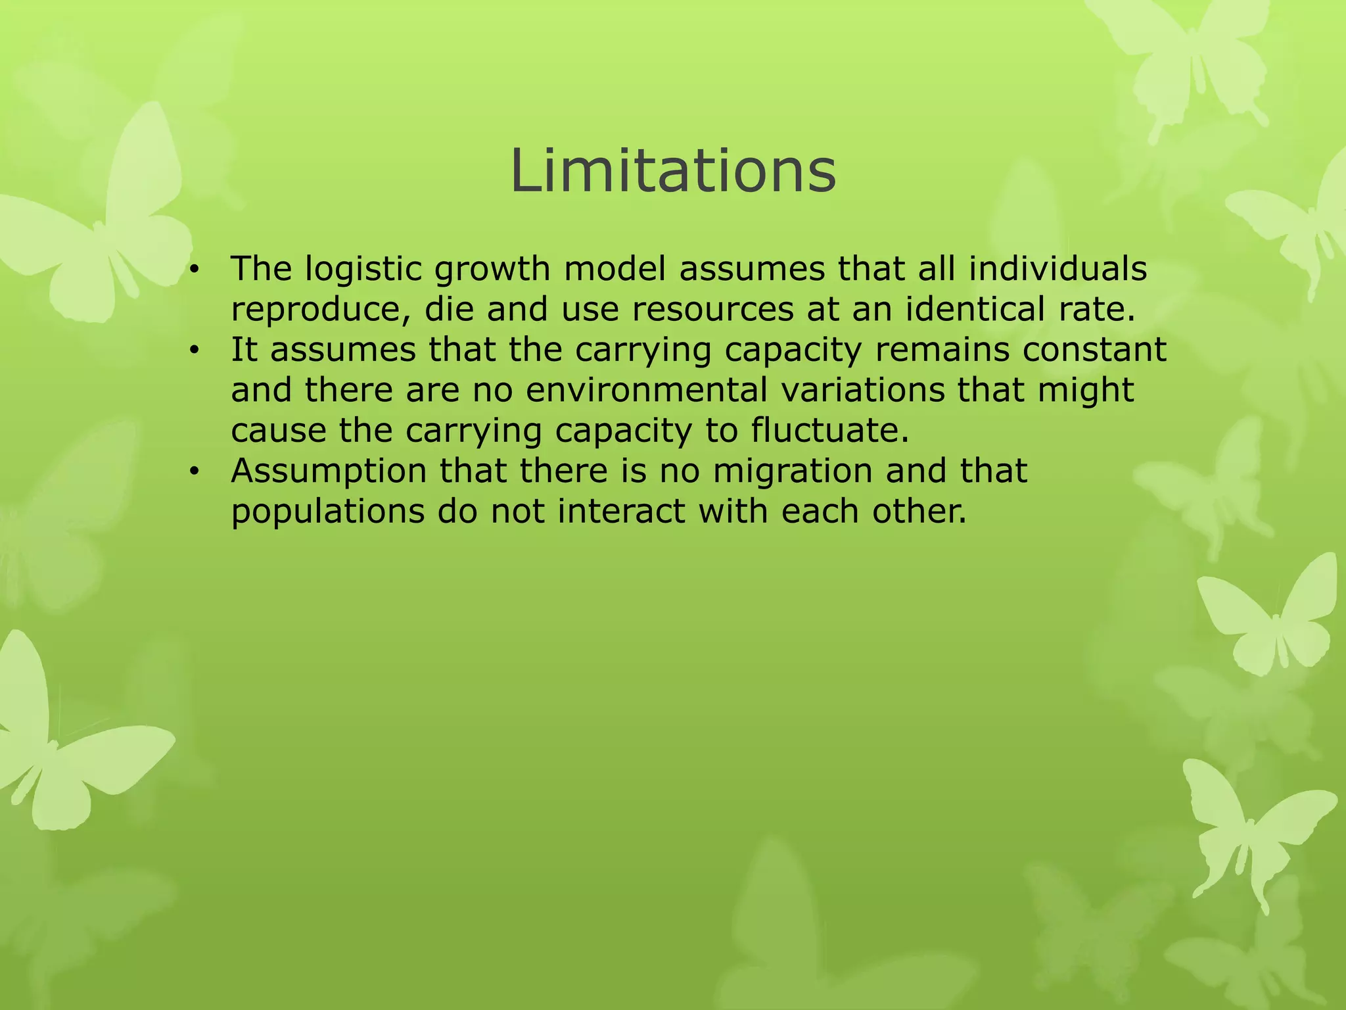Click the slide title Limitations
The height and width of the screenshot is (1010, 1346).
pyautogui.click(x=673, y=171)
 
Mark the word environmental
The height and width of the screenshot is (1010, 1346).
pyautogui.click(x=647, y=390)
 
